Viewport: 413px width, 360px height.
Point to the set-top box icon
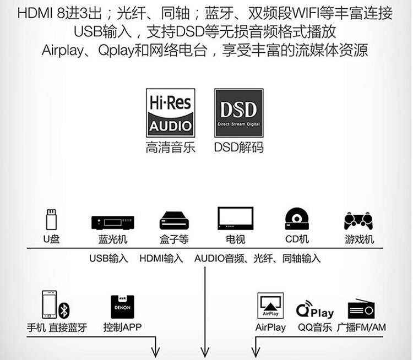[175, 221]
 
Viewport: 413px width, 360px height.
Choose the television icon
[235, 220]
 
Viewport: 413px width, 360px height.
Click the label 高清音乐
[170, 148]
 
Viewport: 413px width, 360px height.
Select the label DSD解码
[238, 148]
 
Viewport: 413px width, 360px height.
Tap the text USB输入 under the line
[108, 258]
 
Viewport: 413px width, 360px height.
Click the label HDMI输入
[161, 258]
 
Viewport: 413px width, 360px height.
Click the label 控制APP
[122, 328]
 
